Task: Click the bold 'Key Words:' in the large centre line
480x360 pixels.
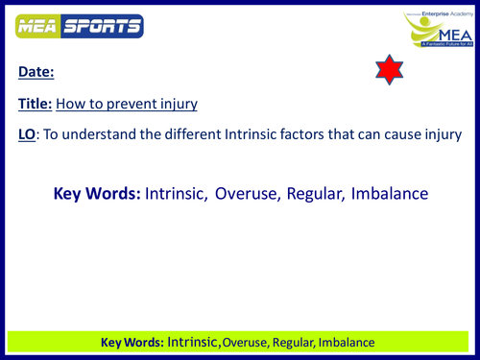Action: coord(96,194)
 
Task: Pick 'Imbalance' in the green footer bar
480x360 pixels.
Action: coord(344,342)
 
